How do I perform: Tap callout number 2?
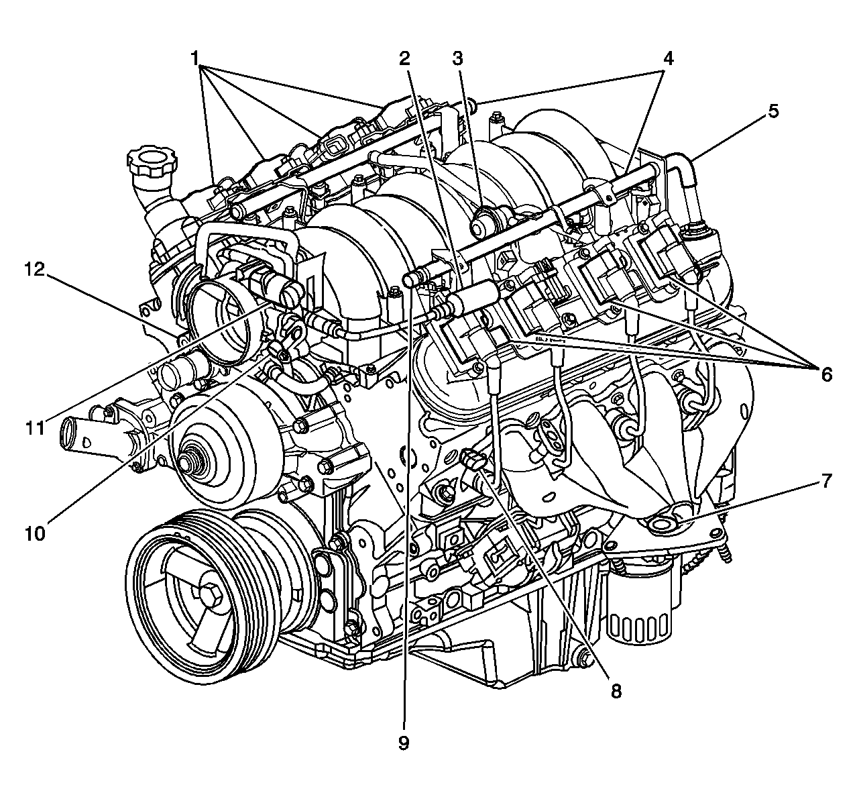[404, 58]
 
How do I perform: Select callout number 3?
[457, 58]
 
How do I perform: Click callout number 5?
[773, 111]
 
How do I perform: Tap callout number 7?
[825, 480]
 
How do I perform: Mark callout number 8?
[616, 690]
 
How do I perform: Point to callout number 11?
[36, 427]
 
